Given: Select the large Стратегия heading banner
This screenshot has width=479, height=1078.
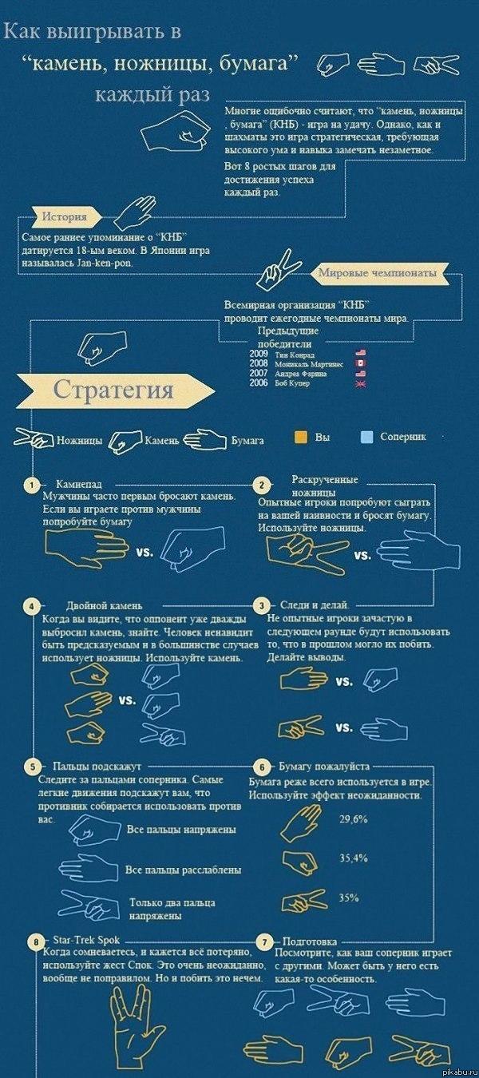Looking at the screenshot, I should click(x=113, y=390).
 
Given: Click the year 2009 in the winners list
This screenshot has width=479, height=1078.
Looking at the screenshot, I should click(x=259, y=354).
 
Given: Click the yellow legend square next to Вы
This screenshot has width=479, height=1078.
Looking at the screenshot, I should click(x=300, y=437).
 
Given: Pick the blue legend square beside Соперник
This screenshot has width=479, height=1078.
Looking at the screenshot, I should click(x=367, y=437).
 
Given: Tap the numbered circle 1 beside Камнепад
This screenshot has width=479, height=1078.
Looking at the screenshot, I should click(x=31, y=485).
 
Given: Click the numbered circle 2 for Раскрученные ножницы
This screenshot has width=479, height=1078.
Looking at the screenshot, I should click(x=260, y=485).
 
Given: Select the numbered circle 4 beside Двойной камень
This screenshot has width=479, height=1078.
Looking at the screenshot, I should click(x=31, y=606).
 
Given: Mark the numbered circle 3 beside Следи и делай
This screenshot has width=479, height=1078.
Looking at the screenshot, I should click(x=260, y=605).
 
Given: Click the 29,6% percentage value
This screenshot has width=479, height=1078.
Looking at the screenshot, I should click(x=353, y=819).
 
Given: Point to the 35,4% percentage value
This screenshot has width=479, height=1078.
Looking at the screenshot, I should click(x=353, y=858).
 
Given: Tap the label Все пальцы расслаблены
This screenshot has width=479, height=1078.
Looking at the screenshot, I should click(x=183, y=870).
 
